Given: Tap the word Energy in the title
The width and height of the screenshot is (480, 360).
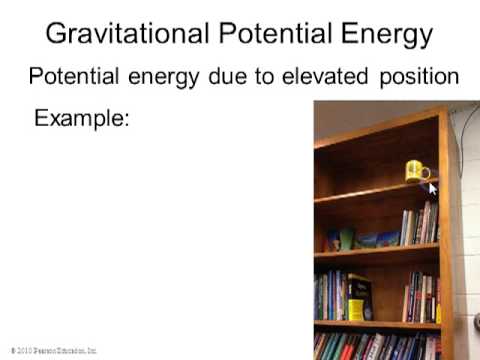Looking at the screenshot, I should pyautogui.click(x=384, y=34).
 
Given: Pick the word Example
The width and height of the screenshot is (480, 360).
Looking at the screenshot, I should pyautogui.click(x=82, y=118).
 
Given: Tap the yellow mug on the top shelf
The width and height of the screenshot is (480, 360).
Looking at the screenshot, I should pyautogui.click(x=415, y=171).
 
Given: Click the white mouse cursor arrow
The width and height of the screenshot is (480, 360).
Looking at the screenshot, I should pyautogui.click(x=433, y=187).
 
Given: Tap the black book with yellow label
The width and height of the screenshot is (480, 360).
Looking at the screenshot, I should pyautogui.click(x=358, y=297).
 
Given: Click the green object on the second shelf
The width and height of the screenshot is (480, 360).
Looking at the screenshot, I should pyautogui.click(x=346, y=239).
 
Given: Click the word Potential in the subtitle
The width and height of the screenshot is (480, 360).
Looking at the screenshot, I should pyautogui.click(x=69, y=76).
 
